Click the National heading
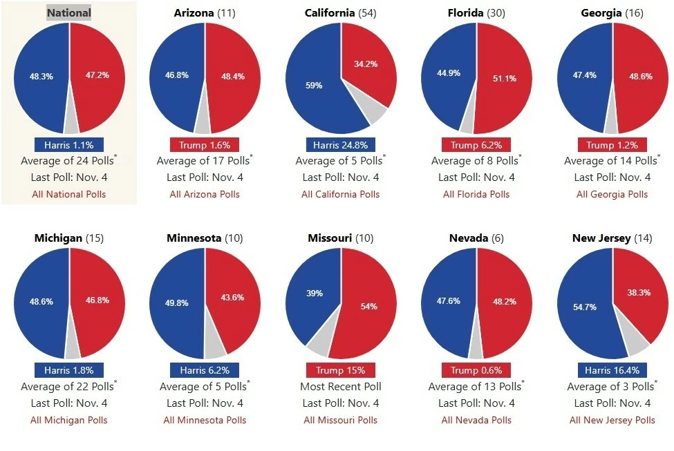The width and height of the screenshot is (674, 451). coord(68,12)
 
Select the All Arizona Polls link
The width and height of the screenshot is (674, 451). coord(205,194)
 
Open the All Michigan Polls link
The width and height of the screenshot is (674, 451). coord(68,420)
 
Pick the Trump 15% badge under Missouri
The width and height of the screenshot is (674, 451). coord(340,370)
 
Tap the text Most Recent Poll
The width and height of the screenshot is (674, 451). coord(340,386)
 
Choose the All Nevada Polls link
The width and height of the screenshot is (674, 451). coord(476,420)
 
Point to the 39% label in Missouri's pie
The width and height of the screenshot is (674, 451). coord(315,293)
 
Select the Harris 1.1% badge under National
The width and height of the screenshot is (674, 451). coord(68,145)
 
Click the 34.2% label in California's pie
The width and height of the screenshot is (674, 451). coord(366,64)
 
